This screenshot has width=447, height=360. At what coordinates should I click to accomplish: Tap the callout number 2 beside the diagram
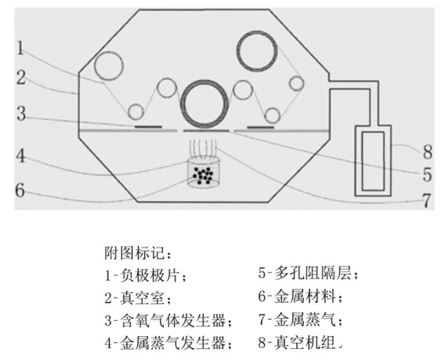pyautogui.click(x=20, y=78)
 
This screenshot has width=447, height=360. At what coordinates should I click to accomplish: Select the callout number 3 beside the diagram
pyautogui.click(x=20, y=114)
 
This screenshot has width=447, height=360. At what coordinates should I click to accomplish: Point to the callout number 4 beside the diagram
pyautogui.click(x=20, y=155)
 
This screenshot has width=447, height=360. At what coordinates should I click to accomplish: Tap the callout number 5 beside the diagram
pyautogui.click(x=428, y=172)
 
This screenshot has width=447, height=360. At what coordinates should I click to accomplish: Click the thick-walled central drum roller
pyautogui.click(x=205, y=104)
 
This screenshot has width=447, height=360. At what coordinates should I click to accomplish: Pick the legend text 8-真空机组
pyautogui.click(x=301, y=344)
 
